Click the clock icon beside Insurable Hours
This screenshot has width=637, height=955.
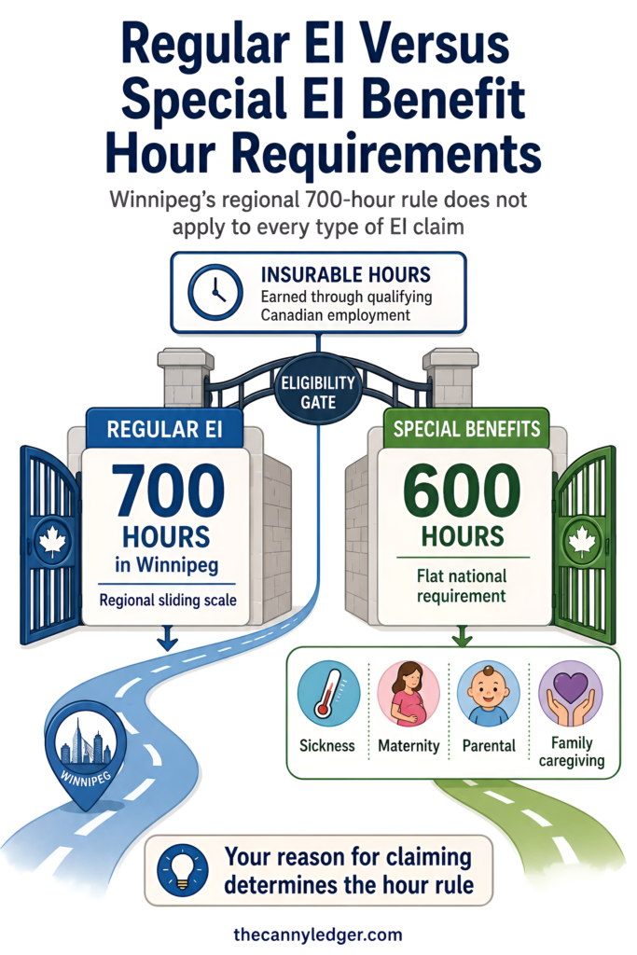[215, 292]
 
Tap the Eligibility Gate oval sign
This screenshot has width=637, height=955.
[318, 393]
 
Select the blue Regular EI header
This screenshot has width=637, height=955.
[164, 429]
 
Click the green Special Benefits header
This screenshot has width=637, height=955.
[466, 429]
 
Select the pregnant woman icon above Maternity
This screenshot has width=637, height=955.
[409, 694]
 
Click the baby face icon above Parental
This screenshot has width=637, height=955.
[489, 694]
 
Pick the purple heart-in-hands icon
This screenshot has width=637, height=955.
[571, 694]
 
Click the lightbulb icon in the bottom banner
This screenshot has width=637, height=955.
[182, 870]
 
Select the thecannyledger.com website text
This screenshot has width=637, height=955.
[318, 934]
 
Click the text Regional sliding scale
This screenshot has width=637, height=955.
[168, 601]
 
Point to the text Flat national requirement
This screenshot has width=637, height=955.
[462, 586]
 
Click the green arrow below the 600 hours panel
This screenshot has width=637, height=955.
[462, 636]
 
